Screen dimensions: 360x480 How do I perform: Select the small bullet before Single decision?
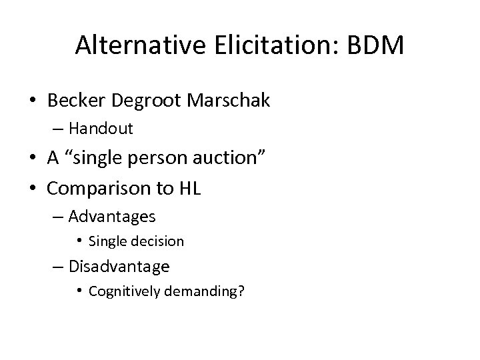[79, 241]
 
